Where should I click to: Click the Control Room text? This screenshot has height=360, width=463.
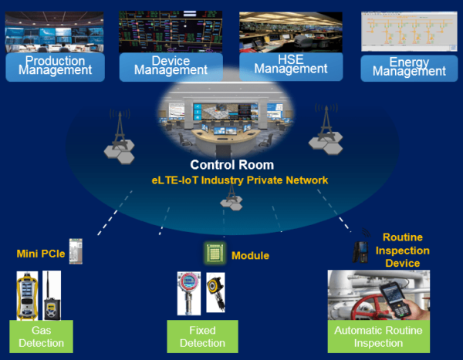tap(231, 165)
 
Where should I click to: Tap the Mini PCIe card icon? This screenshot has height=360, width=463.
tap(75, 251)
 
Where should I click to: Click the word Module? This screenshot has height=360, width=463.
tap(250, 255)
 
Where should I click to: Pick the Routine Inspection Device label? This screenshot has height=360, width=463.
tap(407, 251)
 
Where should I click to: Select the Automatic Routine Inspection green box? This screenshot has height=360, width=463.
tap(378, 337)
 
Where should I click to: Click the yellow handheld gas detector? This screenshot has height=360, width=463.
tap(27, 294)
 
